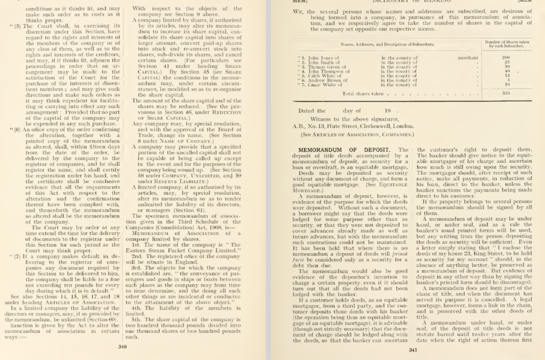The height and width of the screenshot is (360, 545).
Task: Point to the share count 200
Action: pos(506,57)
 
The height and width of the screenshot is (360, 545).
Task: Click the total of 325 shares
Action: pos(506,93)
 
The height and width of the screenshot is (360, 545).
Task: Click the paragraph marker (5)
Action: pos(17,25)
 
